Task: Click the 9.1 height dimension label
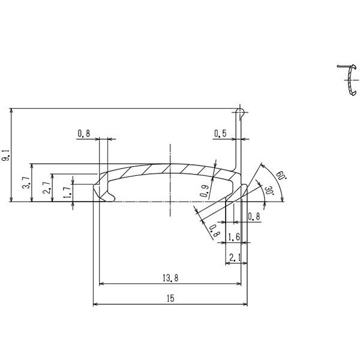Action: [x=5, y=158]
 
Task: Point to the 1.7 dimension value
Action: [x=67, y=192]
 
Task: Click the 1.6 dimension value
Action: [x=235, y=238]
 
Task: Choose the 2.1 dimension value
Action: [x=235, y=258]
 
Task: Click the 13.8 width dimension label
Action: [x=170, y=278]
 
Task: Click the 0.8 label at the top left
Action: [x=83, y=134]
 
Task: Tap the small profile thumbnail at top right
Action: [x=346, y=80]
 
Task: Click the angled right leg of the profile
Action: [x=236, y=194]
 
